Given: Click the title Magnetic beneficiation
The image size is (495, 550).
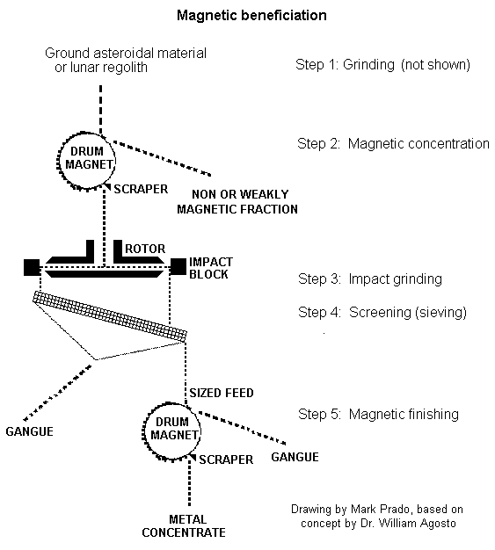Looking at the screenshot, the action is point(251,16).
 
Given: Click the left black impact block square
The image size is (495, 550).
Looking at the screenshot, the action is point(32,267).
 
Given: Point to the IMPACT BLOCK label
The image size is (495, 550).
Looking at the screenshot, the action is point(211,268).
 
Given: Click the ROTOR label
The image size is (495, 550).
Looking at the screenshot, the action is point(145,249).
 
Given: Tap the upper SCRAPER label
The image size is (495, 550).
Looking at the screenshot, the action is point(141,189).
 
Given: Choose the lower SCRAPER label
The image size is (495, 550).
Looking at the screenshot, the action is point(226,460).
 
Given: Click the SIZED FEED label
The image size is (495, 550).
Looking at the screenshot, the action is point(222,393).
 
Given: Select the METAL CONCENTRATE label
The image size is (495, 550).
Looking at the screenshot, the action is point(184,525).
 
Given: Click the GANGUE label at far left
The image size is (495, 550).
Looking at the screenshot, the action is point(30,431).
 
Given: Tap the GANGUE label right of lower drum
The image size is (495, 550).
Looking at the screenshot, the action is point(295,457).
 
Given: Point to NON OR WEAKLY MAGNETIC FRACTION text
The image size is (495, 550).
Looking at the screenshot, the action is point(237,202).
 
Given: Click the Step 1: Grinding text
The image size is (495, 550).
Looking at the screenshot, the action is point(382,65).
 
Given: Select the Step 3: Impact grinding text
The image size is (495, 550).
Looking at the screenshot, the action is point(370,279).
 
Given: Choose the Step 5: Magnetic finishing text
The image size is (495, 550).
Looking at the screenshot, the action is point(378,414).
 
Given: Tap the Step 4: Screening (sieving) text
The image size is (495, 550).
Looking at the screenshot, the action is point(382,313).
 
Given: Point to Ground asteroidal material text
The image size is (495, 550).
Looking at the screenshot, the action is point(126,54).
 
